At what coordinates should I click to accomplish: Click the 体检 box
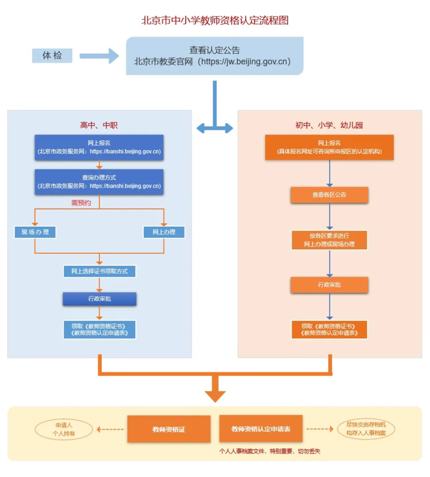pyautogui.click(x=52, y=56)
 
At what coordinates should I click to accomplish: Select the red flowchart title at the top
pyautogui.click(x=215, y=20)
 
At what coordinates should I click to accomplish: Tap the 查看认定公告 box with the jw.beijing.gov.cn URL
pyautogui.click(x=215, y=56)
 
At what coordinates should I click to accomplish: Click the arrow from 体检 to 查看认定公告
pyautogui.click(x=99, y=56)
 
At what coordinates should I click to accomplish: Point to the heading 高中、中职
pyautogui.click(x=99, y=125)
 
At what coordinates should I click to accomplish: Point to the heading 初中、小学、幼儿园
pyautogui.click(x=329, y=125)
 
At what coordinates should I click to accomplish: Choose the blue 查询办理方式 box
pyautogui.click(x=99, y=182)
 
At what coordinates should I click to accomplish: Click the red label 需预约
pyautogui.click(x=81, y=203)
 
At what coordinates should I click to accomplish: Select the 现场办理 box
pyautogui.click(x=35, y=232)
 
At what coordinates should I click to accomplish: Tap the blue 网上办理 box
pyautogui.click(x=164, y=232)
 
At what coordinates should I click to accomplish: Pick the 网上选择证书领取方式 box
pyautogui.click(x=99, y=271)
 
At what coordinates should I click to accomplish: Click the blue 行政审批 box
pyautogui.click(x=100, y=299)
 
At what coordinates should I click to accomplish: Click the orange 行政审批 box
pyautogui.click(x=330, y=285)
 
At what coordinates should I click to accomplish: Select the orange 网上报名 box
pyautogui.click(x=329, y=147)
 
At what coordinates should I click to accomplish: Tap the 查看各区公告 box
pyautogui.click(x=330, y=195)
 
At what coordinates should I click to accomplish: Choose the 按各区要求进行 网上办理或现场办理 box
pyautogui.click(x=330, y=240)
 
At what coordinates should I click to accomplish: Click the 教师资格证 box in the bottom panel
pyautogui.click(x=169, y=429)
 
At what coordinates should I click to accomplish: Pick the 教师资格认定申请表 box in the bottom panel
pyautogui.click(x=261, y=429)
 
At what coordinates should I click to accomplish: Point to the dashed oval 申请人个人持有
pyautogui.click(x=64, y=429)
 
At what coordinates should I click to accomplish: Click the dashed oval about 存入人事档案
pyautogui.click(x=366, y=429)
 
